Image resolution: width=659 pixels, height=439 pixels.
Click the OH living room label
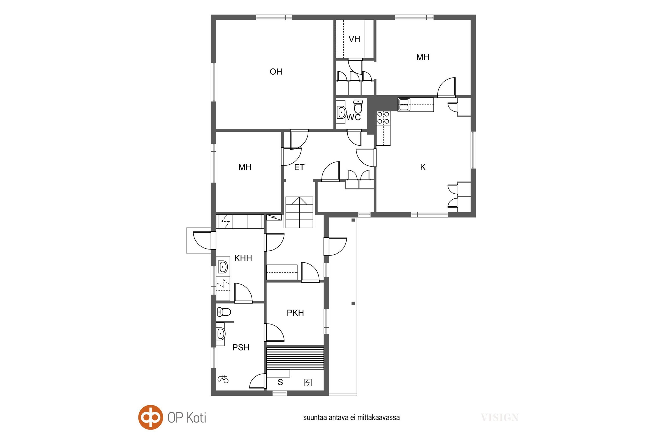(276, 72)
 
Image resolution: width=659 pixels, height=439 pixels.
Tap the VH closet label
(354, 39)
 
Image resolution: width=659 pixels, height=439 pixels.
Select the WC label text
(354, 117)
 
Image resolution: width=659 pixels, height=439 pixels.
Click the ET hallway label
(299, 167)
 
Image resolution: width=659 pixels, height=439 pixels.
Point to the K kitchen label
(423, 167)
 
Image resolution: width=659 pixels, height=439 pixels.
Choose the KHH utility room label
(243, 258)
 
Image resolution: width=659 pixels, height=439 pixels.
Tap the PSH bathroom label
(241, 347)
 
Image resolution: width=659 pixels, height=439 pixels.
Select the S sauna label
(280, 382)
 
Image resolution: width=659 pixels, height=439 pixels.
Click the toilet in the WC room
(358, 106)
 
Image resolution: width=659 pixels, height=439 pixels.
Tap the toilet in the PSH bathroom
(224, 312)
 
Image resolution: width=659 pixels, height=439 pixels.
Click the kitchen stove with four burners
(383, 118)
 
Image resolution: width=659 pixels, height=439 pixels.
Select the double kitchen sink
(404, 105)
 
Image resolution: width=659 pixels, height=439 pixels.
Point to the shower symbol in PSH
(223, 379)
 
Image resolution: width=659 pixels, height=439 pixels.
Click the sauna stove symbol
(308, 382)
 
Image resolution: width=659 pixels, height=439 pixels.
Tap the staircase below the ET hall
(299, 212)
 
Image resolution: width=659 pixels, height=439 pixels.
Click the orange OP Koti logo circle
(150, 417)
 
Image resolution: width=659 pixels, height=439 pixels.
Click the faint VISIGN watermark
(499, 417)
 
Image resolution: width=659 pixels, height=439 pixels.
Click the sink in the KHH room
(223, 267)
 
